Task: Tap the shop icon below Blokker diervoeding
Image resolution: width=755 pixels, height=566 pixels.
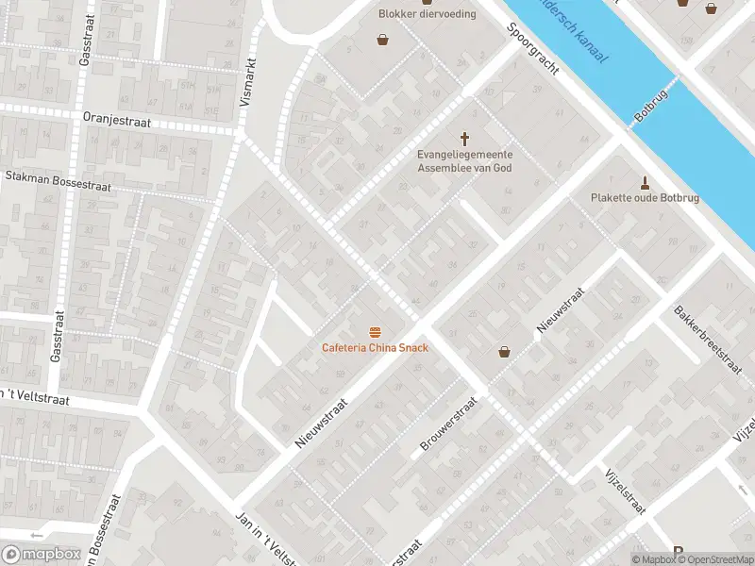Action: [x=383, y=40]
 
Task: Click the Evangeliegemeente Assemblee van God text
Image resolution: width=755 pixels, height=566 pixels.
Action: [x=465, y=161]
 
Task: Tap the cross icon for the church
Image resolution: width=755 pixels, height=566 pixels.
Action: [x=465, y=138]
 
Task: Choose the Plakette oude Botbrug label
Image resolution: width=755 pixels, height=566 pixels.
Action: [x=646, y=198]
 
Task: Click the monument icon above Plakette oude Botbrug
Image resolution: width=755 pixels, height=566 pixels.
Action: [x=646, y=182]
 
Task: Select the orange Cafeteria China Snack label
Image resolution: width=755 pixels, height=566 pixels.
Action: [x=375, y=347]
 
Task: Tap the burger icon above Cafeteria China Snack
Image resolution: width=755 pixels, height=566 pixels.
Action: [x=376, y=331]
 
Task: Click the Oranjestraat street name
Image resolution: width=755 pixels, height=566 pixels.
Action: [x=110, y=120]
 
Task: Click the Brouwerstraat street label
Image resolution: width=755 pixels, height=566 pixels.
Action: [x=449, y=423]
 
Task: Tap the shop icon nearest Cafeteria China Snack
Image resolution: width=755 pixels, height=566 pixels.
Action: [x=504, y=352]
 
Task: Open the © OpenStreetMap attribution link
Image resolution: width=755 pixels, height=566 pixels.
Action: [x=715, y=559]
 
